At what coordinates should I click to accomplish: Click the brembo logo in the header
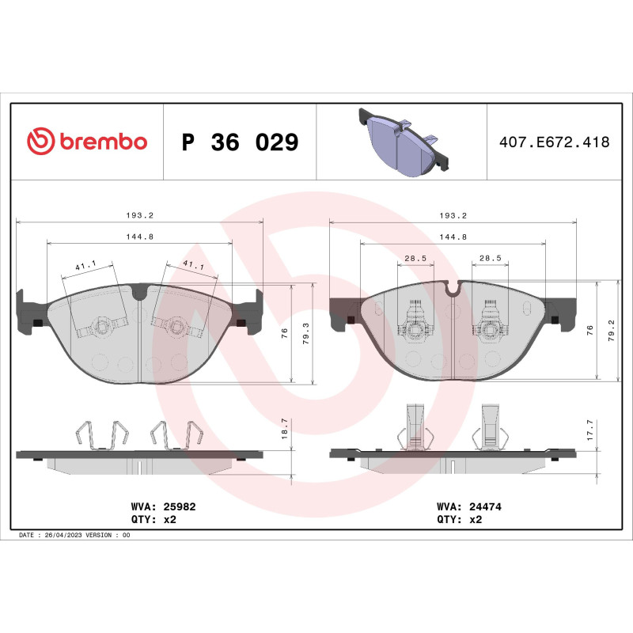coord(87,142)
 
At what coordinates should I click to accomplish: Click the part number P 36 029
coord(240,142)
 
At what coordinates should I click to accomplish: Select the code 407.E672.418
coord(554,142)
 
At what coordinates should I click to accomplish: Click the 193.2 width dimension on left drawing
coord(140,215)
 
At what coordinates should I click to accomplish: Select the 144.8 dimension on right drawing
coord(453,236)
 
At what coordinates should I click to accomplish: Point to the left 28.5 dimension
coord(415,257)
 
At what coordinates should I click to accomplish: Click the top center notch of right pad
coord(453,288)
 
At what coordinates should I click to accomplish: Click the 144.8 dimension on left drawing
coord(140,235)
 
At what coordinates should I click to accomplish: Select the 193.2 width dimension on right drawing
coord(453,215)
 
